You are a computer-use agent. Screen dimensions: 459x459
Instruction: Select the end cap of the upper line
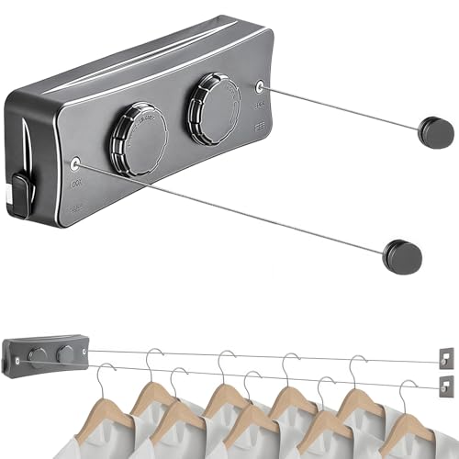point(435,131)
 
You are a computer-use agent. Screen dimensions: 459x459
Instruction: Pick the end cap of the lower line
point(400,254)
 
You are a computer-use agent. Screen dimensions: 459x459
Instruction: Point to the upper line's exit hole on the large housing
point(260,86)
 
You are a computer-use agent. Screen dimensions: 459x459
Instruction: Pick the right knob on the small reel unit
point(65,353)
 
